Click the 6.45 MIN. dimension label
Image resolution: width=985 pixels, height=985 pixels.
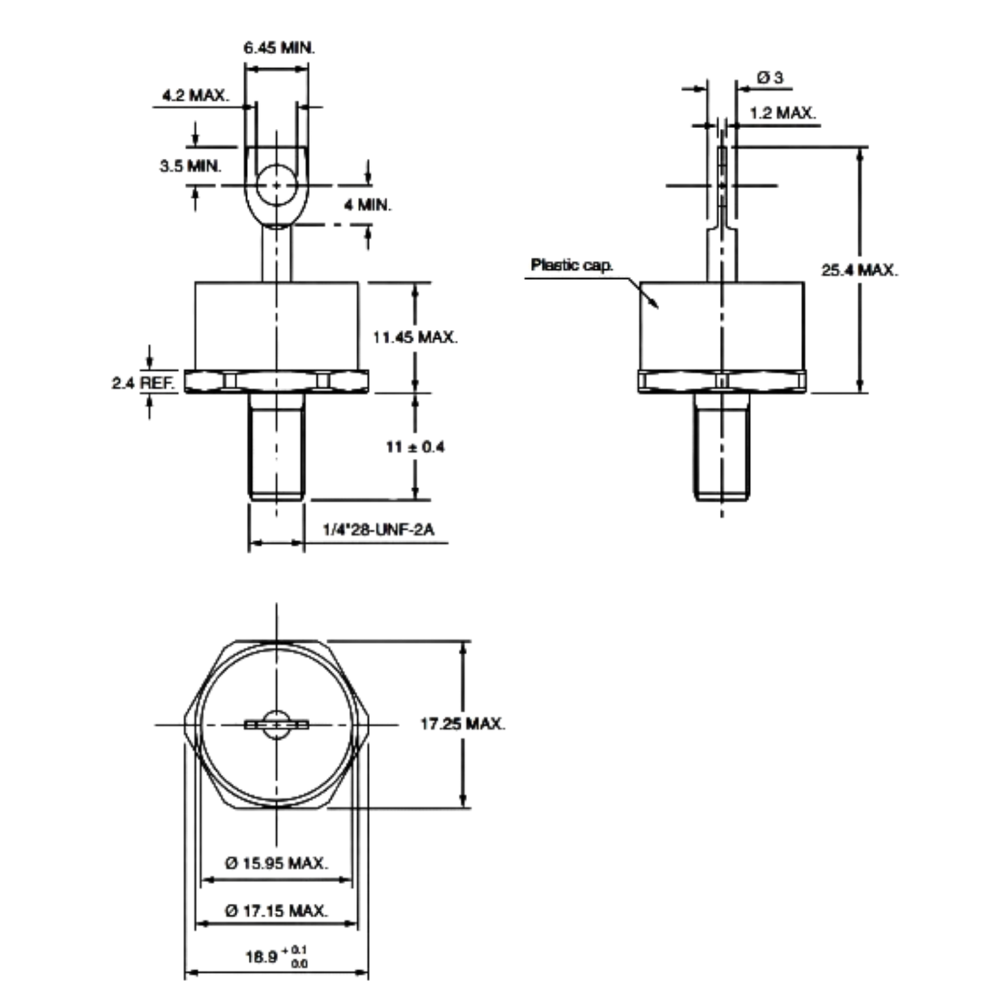click(279, 48)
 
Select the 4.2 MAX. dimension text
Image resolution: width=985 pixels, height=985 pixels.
click(196, 95)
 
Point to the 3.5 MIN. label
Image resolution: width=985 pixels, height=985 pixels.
click(190, 166)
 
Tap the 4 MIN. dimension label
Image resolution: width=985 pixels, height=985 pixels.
click(367, 205)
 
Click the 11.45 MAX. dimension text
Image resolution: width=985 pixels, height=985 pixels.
click(415, 337)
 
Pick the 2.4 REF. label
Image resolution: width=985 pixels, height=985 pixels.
click(144, 383)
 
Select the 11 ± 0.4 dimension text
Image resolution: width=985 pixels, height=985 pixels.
click(415, 447)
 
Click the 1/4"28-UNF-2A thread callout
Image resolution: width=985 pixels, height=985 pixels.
click(378, 530)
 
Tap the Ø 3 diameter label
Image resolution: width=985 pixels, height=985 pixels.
click(770, 78)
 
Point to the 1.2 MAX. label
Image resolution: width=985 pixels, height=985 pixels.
click(783, 113)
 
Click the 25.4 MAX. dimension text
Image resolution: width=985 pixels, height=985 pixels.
click(860, 270)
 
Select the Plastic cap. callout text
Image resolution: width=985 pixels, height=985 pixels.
click(571, 264)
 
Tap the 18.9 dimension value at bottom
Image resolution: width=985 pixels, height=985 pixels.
click(262, 956)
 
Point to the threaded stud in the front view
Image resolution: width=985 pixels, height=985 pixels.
click(277, 446)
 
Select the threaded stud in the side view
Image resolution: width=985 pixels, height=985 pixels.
click(722, 446)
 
